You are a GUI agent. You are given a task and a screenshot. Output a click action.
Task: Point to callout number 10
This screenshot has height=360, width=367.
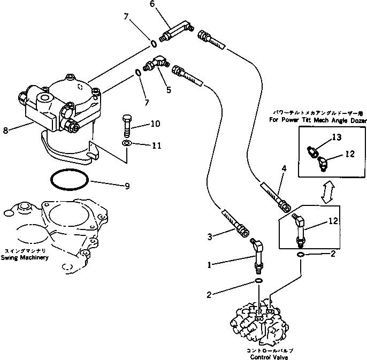155,124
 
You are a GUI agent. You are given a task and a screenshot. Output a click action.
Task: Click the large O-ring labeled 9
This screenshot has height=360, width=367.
70,180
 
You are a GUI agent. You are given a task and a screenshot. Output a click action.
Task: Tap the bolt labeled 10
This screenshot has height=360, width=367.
127,126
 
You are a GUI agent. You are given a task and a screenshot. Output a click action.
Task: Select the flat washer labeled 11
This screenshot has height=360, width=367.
127,144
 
